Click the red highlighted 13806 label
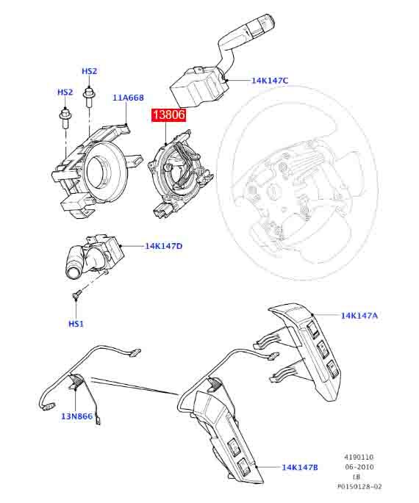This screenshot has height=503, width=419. [169, 115]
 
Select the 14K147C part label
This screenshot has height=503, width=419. [270, 81]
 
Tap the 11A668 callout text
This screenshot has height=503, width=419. [128, 98]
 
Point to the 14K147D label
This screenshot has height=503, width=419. [164, 246]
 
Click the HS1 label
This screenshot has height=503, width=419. [76, 324]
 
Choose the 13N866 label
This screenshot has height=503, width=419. [76, 416]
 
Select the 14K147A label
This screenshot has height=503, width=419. [359, 316]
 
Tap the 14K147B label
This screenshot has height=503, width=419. [300, 468]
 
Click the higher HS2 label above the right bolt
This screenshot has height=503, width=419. [89, 71]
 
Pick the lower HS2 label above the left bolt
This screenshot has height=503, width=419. [65, 92]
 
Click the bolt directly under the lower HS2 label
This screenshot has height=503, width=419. [65, 118]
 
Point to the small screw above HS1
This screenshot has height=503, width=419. [76, 294]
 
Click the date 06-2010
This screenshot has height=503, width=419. [359, 467]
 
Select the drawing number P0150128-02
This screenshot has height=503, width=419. [359, 487]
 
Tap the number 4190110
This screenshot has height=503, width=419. [359, 457]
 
